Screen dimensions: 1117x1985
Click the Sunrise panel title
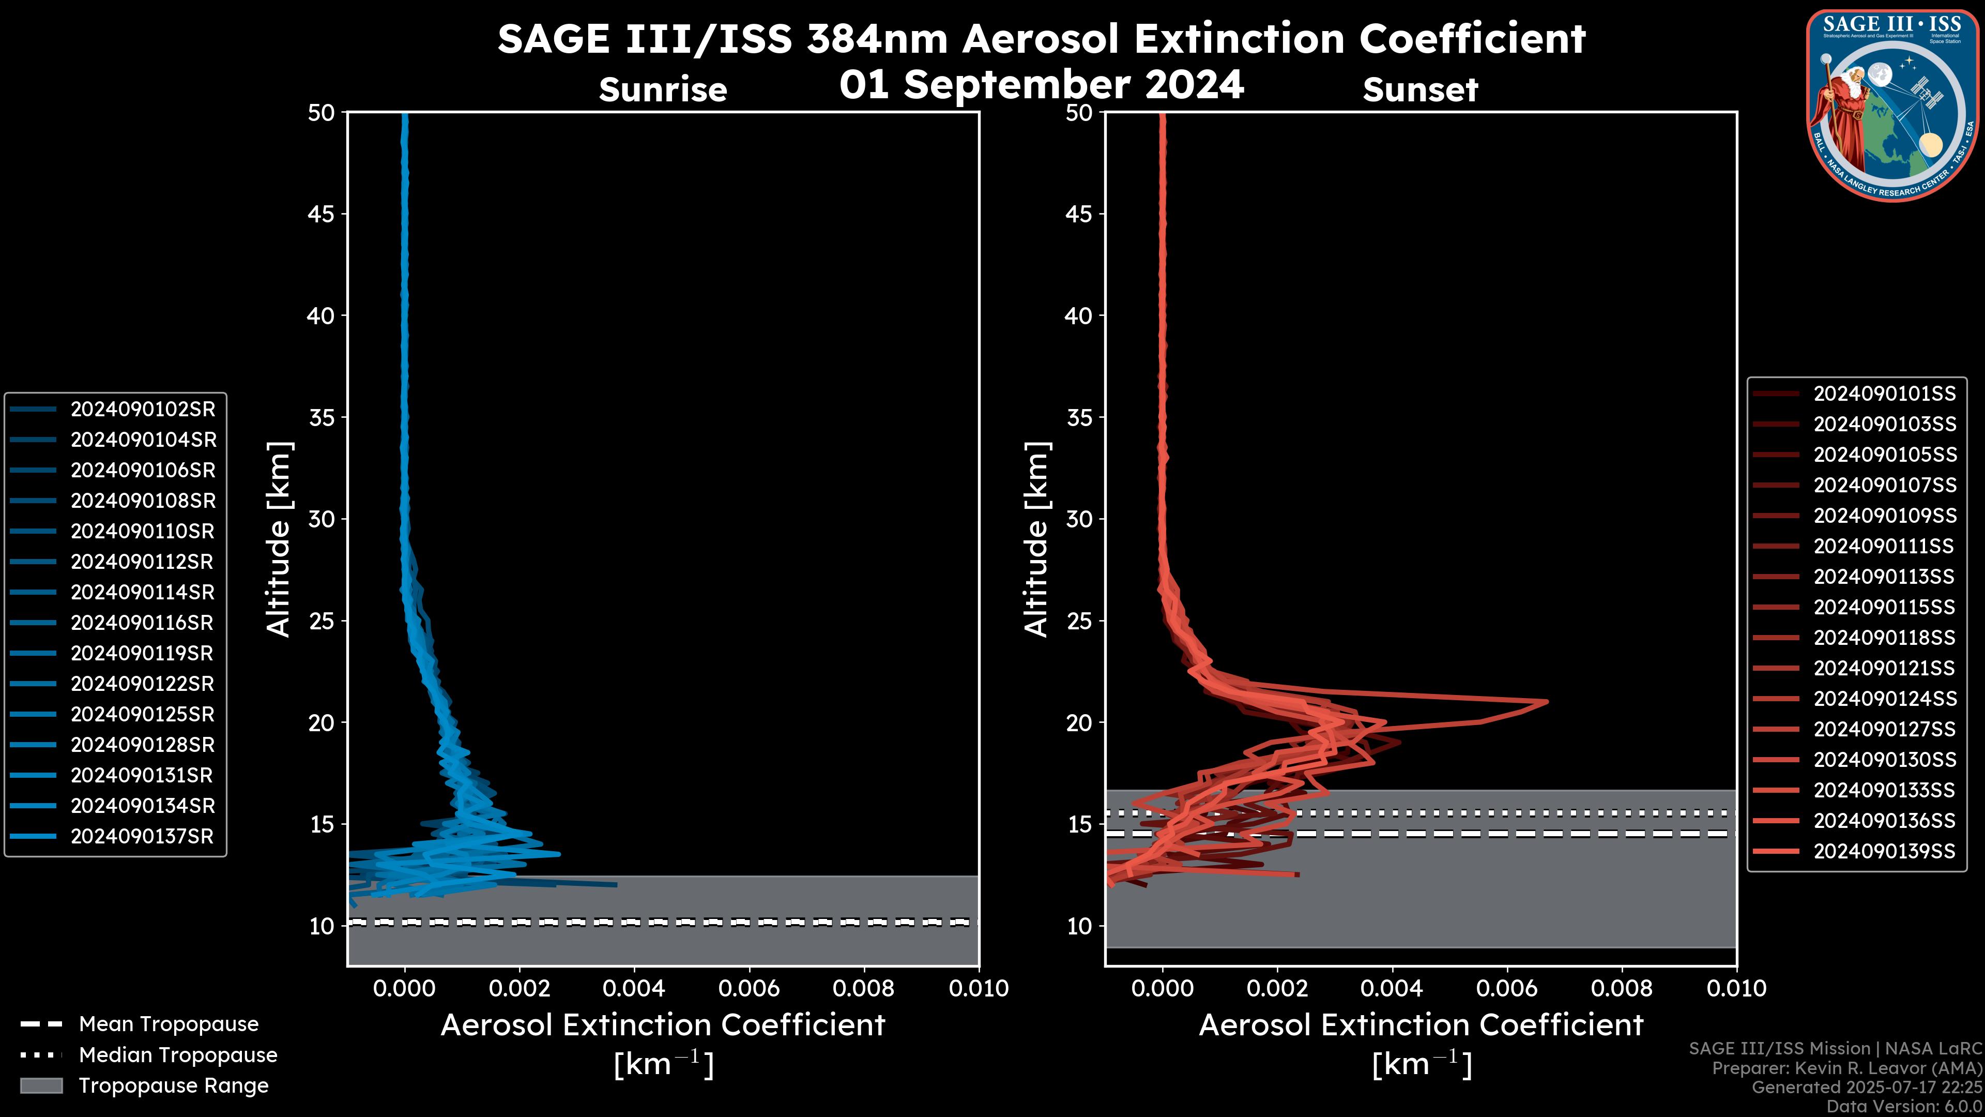[x=663, y=90]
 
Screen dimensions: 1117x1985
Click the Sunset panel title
[x=1420, y=90]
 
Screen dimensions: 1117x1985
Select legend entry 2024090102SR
[x=143, y=410]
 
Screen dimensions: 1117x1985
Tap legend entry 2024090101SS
[x=1884, y=394]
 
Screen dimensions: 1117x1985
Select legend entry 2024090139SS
[x=1884, y=851]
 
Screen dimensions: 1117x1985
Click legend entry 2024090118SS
[x=1884, y=638]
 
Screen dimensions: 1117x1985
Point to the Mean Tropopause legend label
[x=169, y=1024]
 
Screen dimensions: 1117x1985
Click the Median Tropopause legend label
[x=178, y=1055]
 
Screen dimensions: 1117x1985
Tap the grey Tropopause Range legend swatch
[x=41, y=1085]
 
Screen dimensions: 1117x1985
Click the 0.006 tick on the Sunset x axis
[x=1507, y=988]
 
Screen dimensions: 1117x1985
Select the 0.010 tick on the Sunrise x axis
[x=979, y=988]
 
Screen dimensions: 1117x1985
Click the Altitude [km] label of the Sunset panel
[x=1037, y=539]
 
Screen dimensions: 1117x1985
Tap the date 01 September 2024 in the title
[x=1041, y=85]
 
